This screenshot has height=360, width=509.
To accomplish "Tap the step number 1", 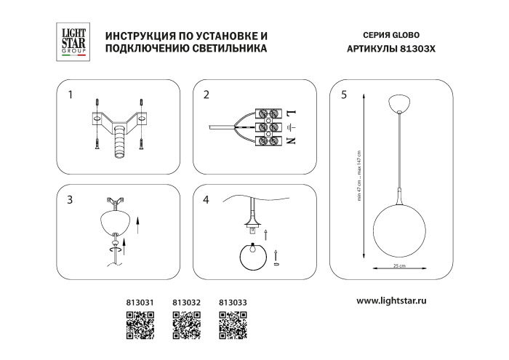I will pos(71,95).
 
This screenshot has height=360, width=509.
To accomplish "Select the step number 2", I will pos(206,95).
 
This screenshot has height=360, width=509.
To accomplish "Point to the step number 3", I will pos(71,199).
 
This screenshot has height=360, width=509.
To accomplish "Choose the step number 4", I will pos(206,199).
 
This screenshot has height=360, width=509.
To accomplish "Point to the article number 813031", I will pos(140,300).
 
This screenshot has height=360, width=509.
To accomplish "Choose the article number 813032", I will pos(185,300).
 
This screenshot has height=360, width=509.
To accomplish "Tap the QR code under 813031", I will pos(140,324).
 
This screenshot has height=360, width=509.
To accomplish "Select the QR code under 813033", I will pos(232,324).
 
